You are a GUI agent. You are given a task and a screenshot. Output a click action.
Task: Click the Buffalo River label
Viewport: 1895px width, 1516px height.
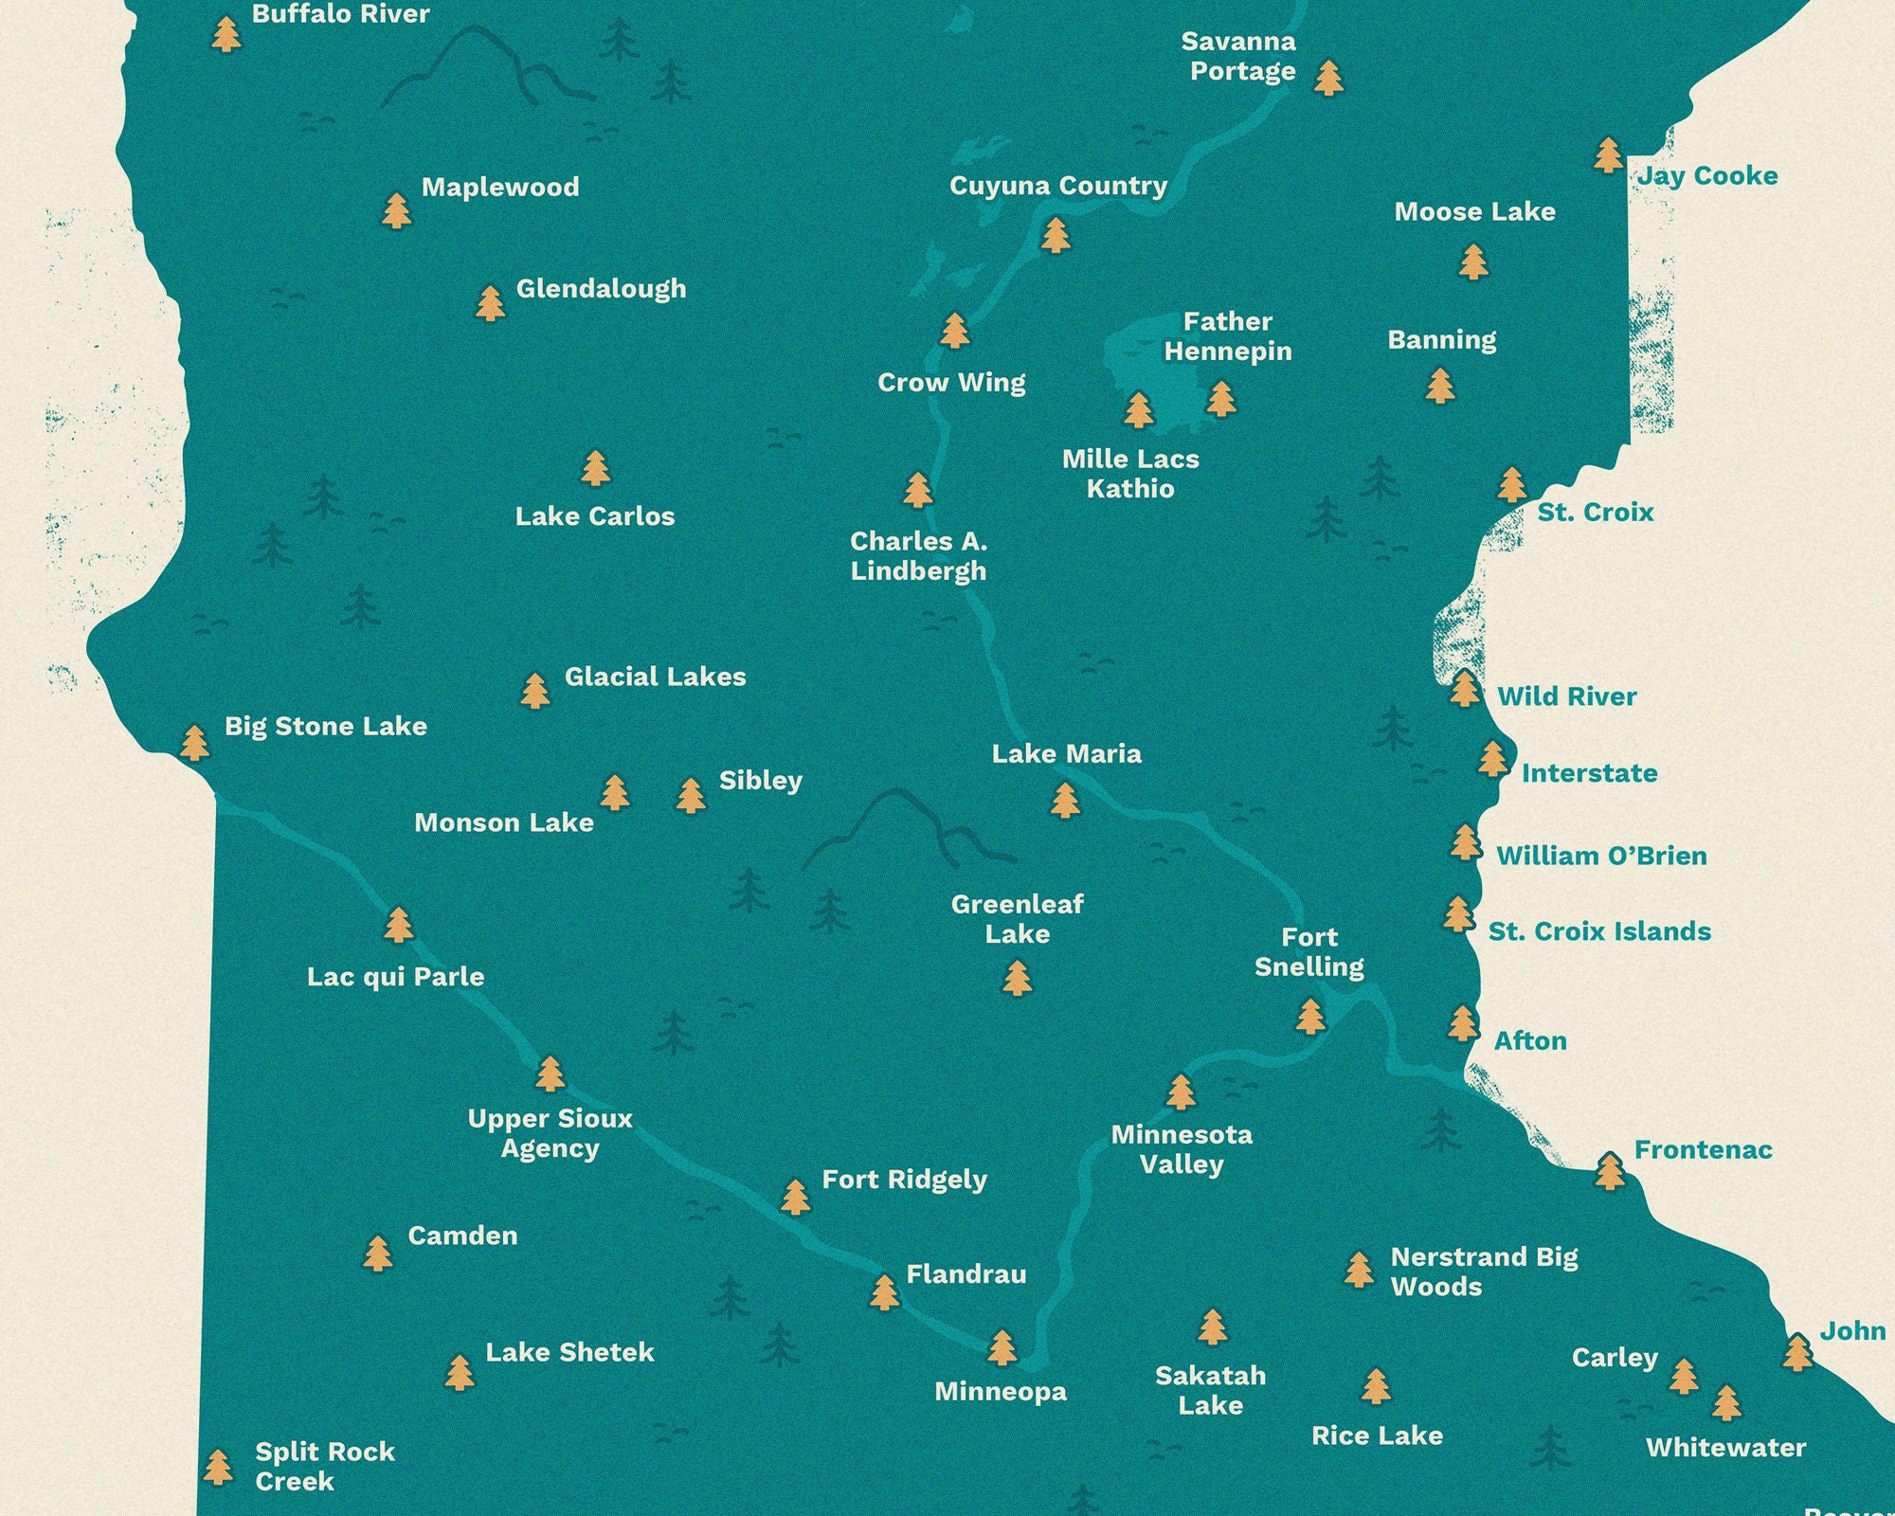point(340,14)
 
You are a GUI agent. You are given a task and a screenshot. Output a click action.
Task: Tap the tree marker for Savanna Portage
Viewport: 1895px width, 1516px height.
point(1328,78)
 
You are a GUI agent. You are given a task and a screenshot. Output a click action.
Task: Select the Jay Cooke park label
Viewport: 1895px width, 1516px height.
point(1707,176)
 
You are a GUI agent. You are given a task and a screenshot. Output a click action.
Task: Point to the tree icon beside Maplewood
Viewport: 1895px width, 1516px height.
point(396,210)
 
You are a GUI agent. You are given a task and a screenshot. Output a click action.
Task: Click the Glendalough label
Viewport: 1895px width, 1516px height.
point(601,289)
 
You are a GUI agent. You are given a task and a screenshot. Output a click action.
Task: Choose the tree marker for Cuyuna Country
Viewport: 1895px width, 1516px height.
point(1055,235)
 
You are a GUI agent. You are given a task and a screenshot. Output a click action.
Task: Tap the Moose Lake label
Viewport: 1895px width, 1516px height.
point(1474,212)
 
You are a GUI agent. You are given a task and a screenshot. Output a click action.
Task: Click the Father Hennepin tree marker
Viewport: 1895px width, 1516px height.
point(1221,399)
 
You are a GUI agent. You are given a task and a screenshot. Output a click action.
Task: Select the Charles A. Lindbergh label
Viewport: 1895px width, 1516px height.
point(918,556)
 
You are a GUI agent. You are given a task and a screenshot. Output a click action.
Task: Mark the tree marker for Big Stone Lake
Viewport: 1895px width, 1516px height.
point(194,743)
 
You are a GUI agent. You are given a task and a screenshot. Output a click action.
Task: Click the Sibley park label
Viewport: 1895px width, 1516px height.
point(760,781)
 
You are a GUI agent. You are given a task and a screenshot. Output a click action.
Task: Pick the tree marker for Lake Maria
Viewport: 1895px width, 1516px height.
point(1065,800)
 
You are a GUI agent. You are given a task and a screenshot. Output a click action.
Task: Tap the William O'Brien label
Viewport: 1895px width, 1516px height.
point(1601,857)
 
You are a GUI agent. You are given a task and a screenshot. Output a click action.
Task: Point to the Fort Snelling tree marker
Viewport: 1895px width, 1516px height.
point(1310,1017)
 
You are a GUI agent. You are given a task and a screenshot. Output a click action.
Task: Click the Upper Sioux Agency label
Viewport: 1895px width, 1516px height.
point(550,1133)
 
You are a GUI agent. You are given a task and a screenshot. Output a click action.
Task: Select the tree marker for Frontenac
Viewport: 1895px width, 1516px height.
point(1609,1171)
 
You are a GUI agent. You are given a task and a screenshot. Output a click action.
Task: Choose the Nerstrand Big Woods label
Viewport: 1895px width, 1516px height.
point(1484,1272)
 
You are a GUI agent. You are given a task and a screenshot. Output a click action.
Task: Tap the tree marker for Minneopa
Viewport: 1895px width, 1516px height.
point(1002,1347)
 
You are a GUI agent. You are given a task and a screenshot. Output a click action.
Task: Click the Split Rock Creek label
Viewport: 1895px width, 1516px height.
point(324,1466)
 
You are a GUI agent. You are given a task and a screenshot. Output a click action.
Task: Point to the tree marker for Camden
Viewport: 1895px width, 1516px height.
point(377,1254)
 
